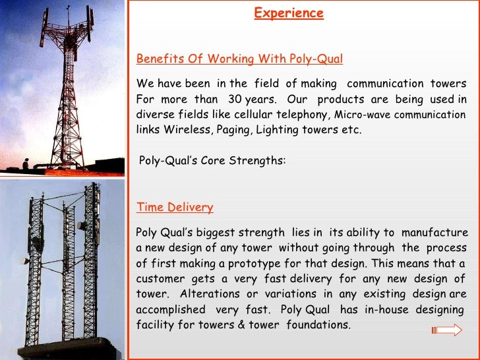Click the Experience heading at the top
[x=289, y=13]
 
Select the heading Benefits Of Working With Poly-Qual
[x=239, y=59]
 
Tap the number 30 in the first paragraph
[x=234, y=99]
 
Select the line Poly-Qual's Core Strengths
[x=212, y=160]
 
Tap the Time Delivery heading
[x=175, y=207]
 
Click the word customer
[x=159, y=279]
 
